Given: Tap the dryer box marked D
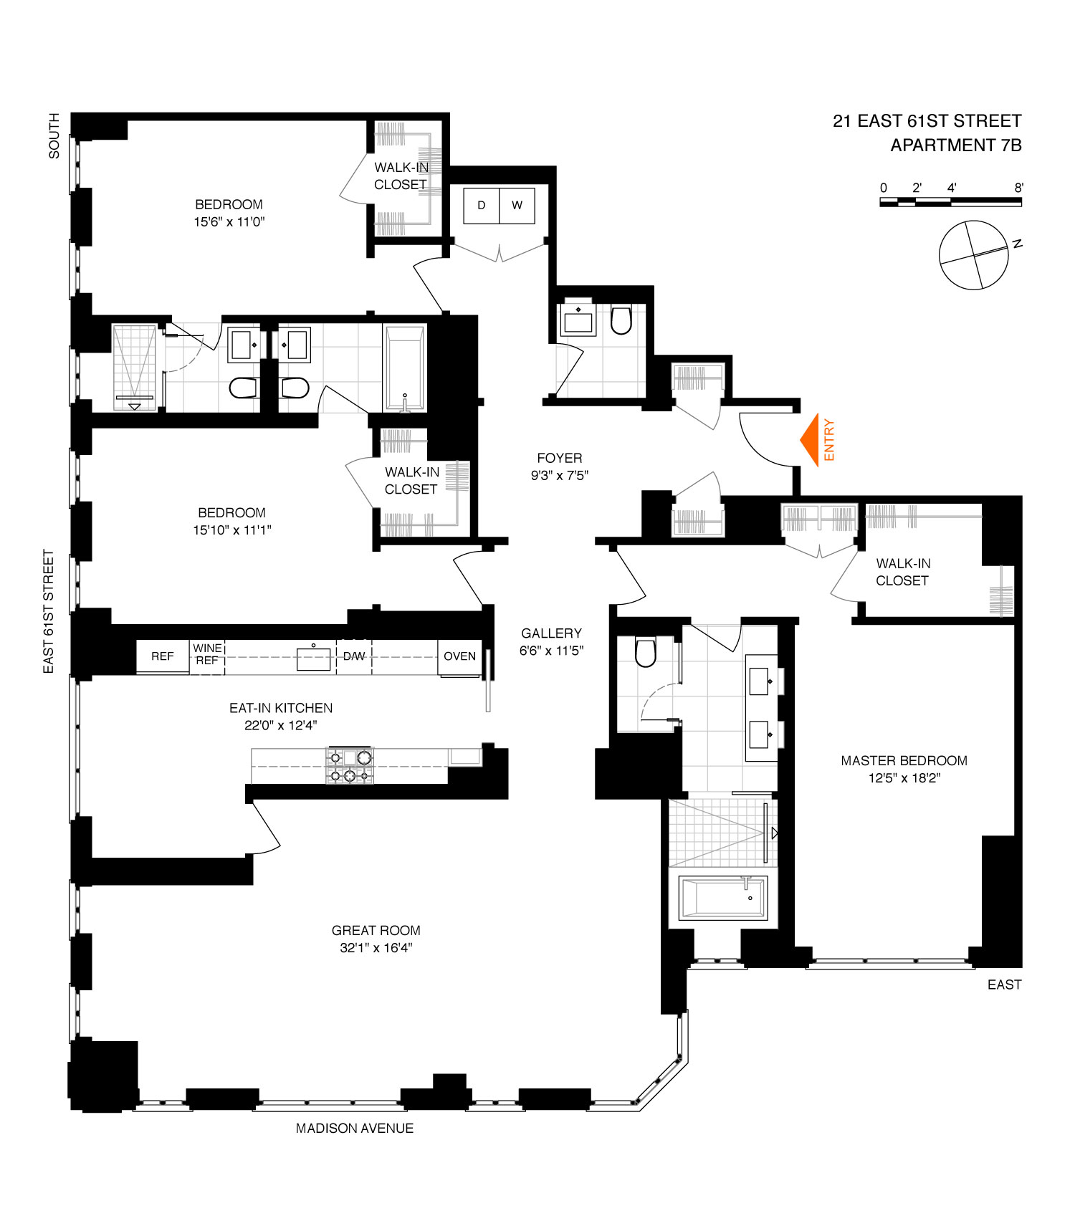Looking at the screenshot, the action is [481, 205].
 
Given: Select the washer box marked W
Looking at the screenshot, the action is [517, 205].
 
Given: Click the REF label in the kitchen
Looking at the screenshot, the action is [163, 656].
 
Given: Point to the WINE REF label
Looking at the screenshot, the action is [207, 654].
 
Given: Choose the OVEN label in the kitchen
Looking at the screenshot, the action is [459, 656].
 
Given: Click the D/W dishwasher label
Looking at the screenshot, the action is [354, 656].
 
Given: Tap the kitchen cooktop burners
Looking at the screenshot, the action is [350, 766].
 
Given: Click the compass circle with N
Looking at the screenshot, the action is [974, 255].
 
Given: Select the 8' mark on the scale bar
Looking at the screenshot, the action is [1018, 188].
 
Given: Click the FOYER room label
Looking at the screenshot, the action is [560, 459].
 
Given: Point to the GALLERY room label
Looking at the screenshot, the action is [551, 633].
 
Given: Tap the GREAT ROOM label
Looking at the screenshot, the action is [376, 931].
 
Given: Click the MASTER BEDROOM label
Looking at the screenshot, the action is [904, 761].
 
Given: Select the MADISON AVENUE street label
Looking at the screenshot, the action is [355, 1129].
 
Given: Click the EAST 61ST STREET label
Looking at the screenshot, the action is [49, 611].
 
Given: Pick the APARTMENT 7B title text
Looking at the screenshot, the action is [955, 145].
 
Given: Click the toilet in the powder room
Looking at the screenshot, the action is [621, 321].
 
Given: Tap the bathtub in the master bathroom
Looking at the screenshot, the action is [723, 898].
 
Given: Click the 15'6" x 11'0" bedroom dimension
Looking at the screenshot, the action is [229, 222].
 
